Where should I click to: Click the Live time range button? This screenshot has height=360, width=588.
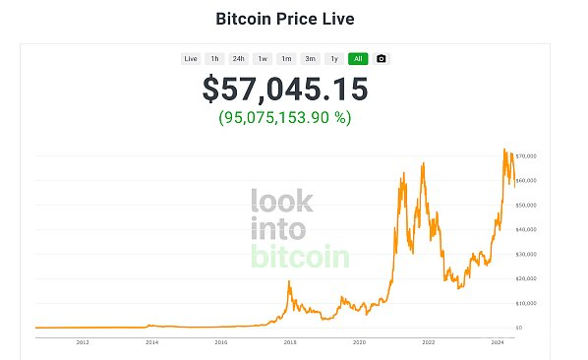tap(191, 58)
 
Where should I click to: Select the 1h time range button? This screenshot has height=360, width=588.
tap(215, 58)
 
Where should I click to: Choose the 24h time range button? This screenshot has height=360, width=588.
tap(239, 58)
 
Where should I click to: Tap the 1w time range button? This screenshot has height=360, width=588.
tap(263, 58)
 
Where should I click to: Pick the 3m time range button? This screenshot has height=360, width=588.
tap(310, 58)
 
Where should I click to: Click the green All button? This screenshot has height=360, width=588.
tap(358, 58)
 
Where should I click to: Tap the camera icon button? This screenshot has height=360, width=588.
tap(382, 58)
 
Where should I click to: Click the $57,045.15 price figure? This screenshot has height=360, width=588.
tap(285, 90)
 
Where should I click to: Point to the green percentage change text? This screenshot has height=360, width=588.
tap(285, 117)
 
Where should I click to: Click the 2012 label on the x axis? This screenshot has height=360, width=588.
tap(83, 342)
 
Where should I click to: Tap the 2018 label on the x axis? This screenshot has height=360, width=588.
tap(290, 342)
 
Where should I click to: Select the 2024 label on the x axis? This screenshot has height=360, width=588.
tap(498, 342)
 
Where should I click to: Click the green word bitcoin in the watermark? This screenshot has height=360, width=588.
tap(300, 258)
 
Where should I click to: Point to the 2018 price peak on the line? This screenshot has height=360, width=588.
tap(289, 282)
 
